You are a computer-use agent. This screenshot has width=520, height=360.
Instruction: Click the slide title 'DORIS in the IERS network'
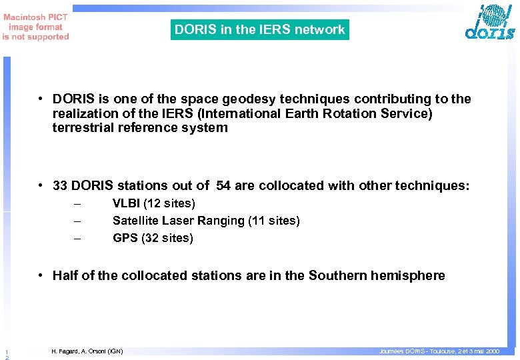pos(259,29)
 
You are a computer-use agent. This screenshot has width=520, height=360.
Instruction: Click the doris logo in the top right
pos(491,23)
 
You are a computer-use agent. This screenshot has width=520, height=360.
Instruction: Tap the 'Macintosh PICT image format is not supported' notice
pos(35,27)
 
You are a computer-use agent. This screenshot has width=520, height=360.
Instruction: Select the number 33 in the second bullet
pos(60,185)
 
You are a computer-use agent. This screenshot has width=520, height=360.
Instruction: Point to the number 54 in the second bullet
pos(223,185)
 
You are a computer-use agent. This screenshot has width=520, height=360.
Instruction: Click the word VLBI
pos(126,203)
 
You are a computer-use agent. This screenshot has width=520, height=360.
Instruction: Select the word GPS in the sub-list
pos(125,238)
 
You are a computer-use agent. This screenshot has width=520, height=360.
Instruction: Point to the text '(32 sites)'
pos(167,238)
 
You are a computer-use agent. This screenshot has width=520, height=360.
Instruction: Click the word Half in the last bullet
pos(65,275)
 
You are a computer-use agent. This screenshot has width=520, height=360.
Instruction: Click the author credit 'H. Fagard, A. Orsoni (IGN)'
pos(87,351)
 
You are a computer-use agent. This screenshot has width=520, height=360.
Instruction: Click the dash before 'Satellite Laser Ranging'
pos(77,221)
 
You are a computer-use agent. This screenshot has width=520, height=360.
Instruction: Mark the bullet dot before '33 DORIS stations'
pos(41,185)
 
